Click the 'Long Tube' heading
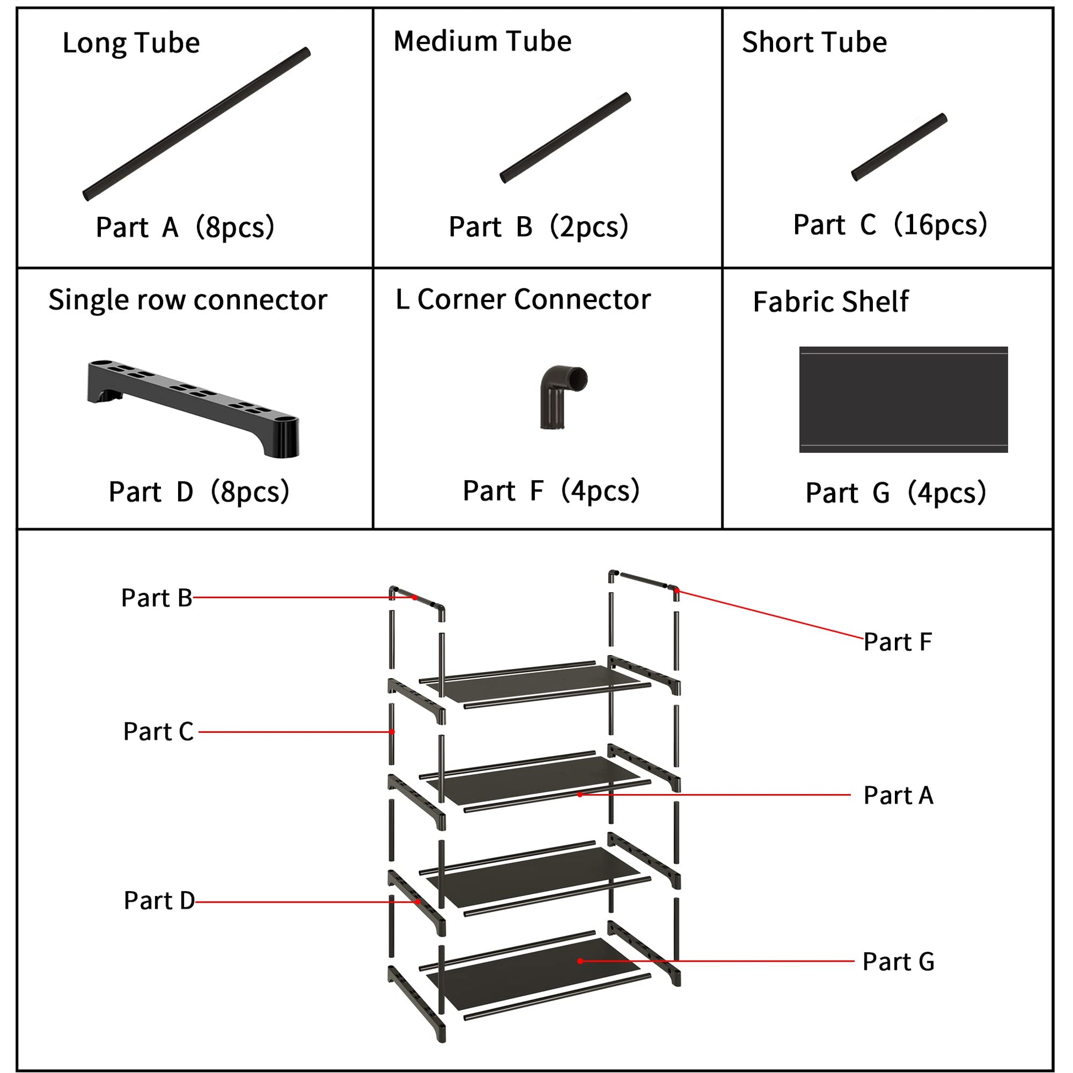[131, 43]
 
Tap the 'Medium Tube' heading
[482, 41]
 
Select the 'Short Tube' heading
[814, 42]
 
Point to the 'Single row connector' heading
[187, 301]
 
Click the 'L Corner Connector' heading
[523, 299]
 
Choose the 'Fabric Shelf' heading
[830, 302]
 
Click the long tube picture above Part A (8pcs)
[197, 124]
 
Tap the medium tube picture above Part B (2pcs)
[565, 138]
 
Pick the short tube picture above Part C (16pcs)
[899, 147]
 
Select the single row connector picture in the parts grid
[194, 407]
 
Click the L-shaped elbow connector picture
[561, 396]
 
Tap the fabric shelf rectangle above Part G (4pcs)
[903, 399]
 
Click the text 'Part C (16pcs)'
[890, 225]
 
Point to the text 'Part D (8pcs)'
[199, 491]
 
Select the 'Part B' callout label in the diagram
[157, 598]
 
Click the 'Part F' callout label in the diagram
[898, 642]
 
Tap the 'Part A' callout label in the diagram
[898, 795]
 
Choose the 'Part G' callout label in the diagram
[898, 962]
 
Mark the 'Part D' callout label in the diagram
[159, 900]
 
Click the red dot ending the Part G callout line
[580, 962]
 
